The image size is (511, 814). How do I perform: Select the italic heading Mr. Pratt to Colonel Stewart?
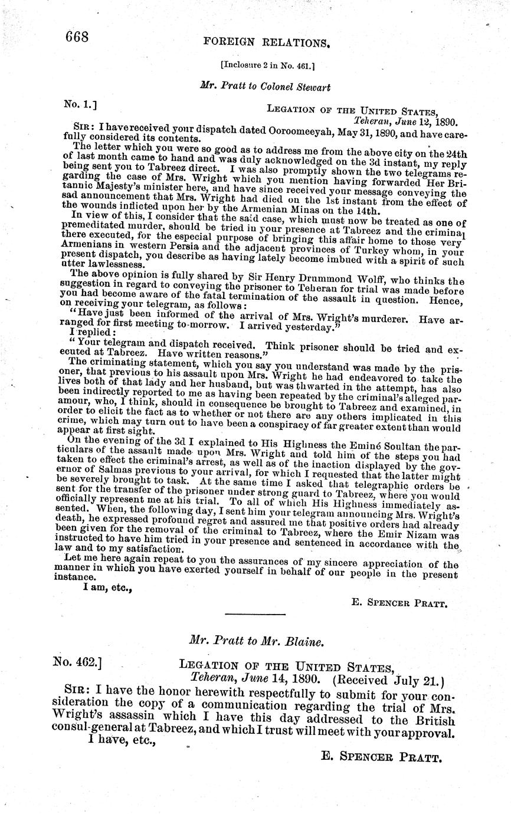click(266, 87)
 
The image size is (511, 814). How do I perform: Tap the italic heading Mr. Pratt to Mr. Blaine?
click(255, 641)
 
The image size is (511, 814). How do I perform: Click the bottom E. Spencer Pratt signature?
click(381, 757)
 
